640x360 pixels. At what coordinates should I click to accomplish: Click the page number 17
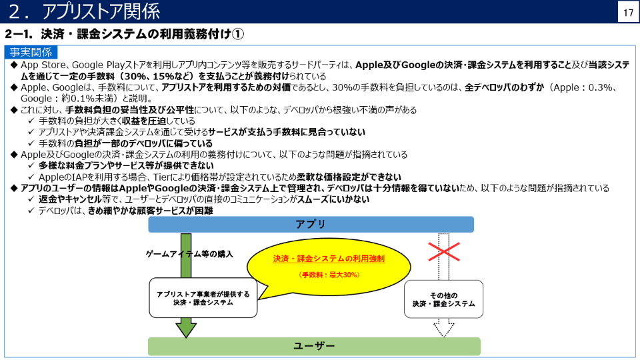coord(628,13)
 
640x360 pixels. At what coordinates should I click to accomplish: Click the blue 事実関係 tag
coord(31,52)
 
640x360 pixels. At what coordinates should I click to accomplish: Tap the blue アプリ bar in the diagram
coord(311,225)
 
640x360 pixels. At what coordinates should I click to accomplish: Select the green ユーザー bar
coord(314,346)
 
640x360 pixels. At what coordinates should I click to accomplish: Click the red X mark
coord(444,251)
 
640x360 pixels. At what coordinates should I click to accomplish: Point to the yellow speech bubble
coord(329,267)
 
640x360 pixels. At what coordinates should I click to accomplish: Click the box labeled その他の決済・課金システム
coord(444,299)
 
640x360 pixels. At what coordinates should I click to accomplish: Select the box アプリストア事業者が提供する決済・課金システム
coord(203,298)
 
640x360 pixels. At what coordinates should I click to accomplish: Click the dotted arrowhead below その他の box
coord(444,329)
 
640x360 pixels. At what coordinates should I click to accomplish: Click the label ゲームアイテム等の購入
coord(189,254)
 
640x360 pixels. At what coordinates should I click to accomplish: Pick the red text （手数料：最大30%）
coord(329,275)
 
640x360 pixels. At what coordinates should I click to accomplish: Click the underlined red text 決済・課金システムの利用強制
coord(329,259)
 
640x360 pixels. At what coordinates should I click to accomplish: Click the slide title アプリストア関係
coord(101,11)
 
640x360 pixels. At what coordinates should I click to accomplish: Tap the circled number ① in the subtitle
coord(237,34)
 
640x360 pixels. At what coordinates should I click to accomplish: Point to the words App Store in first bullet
coord(43,65)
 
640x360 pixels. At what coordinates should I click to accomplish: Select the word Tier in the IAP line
coord(161,177)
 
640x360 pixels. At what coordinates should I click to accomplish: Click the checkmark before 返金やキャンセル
coord(31,199)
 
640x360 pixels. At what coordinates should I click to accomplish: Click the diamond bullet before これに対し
coord(14,110)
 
